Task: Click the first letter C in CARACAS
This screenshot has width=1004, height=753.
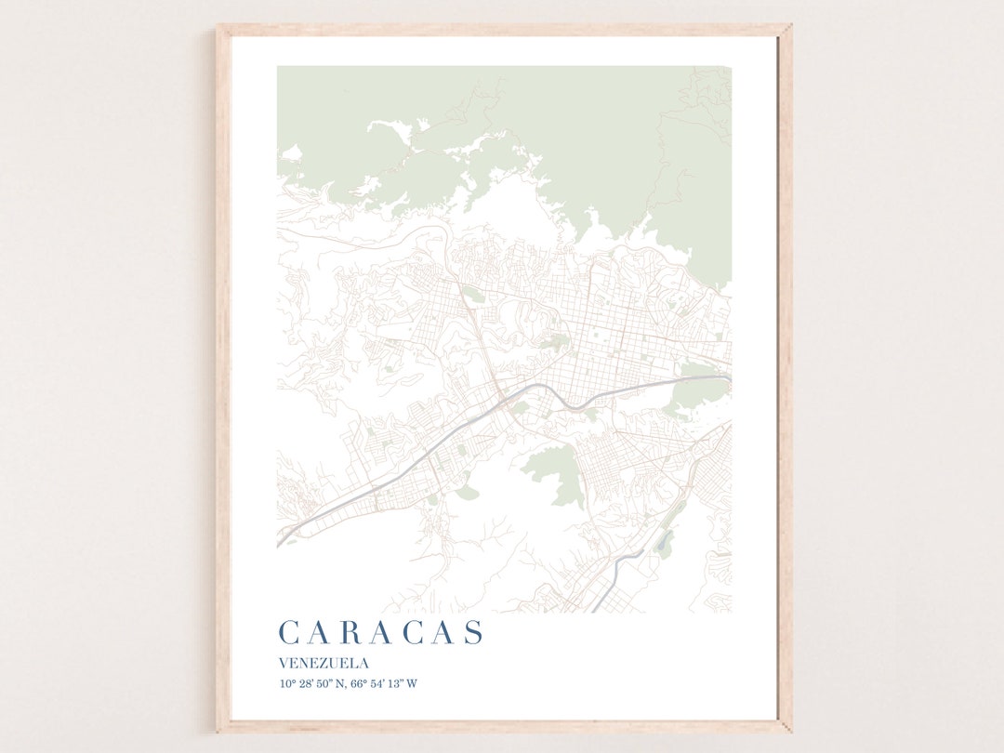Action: tap(288, 633)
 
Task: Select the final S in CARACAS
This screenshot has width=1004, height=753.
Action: tap(474, 633)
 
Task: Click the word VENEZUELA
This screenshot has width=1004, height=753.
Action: tap(324, 664)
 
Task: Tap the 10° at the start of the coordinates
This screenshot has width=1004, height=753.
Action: tap(285, 684)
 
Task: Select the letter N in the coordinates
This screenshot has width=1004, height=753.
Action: tap(340, 684)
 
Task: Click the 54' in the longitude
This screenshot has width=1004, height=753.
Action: tap(379, 684)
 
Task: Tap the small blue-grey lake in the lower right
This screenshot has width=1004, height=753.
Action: tap(664, 542)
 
